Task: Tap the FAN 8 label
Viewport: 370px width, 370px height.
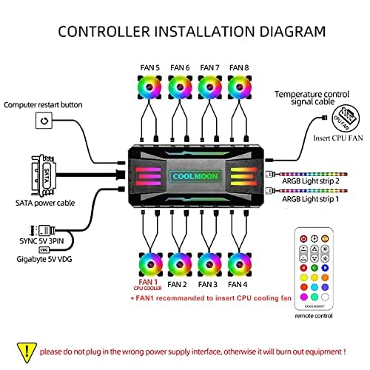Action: [x=239, y=67]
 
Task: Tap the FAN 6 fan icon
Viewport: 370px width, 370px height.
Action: [x=178, y=87]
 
